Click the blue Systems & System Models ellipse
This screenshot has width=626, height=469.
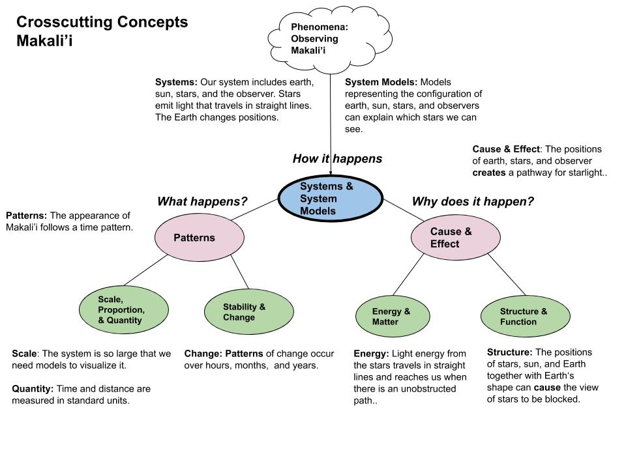(x=331, y=199)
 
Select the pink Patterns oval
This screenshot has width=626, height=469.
(x=200, y=238)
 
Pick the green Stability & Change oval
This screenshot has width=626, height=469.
(x=246, y=312)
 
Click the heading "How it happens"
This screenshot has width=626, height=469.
(x=337, y=159)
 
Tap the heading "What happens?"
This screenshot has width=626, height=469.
(x=202, y=202)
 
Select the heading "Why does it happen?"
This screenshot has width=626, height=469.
(x=473, y=202)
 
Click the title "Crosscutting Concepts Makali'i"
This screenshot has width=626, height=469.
(x=102, y=31)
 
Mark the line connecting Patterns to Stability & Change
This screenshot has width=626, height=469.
(x=238, y=272)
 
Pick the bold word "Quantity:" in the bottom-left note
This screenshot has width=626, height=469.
(x=33, y=389)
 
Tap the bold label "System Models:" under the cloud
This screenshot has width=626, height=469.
(x=381, y=83)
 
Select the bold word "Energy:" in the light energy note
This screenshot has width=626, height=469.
(x=371, y=354)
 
